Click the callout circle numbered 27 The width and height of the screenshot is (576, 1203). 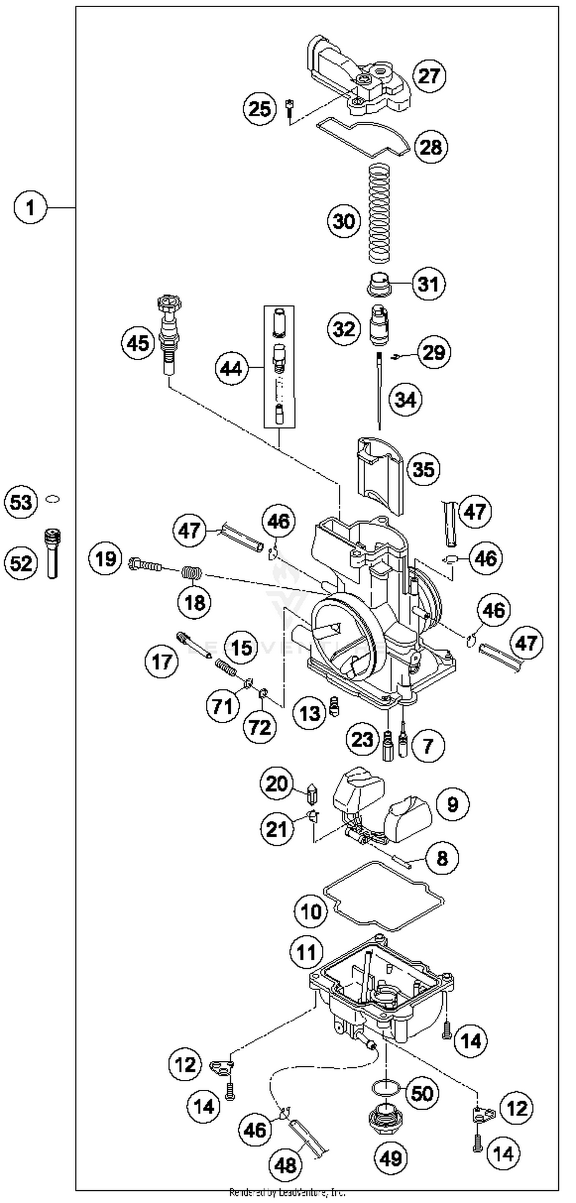[x=429, y=76]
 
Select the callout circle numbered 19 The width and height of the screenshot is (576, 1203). [x=106, y=558]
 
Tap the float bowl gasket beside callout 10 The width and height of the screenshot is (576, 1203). [x=383, y=894]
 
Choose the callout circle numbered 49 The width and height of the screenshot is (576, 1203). [x=391, y=1158]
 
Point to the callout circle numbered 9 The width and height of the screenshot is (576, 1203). [x=452, y=805]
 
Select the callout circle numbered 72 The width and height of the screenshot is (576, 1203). [x=260, y=727]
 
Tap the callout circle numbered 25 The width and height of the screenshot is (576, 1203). [x=260, y=109]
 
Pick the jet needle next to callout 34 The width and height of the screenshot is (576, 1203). [x=379, y=392]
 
